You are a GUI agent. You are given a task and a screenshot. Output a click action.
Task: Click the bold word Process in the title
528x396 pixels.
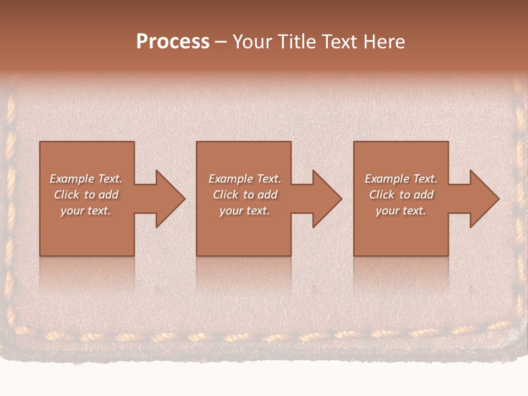pos(173,42)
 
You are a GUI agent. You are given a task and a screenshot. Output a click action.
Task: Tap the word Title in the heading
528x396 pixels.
pos(295,42)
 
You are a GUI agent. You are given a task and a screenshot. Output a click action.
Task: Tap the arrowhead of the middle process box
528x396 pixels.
pos(326,199)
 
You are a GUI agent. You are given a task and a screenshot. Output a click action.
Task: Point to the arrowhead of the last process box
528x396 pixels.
pos(483,199)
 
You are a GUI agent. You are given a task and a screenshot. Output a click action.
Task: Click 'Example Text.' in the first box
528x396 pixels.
pos(86,179)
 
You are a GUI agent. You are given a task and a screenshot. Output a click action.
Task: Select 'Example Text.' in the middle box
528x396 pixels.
pos(245,179)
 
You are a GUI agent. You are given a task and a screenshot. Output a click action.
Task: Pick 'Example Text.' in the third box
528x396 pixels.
pos(401,179)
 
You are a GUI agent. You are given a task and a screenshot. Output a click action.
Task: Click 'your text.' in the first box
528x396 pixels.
pos(86,211)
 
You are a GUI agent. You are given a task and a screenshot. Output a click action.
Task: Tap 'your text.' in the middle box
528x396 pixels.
pos(245,211)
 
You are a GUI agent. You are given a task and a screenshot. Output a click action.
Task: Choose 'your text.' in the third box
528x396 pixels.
pos(401,211)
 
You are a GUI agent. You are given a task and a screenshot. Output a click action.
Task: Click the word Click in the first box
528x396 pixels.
pos(67,195)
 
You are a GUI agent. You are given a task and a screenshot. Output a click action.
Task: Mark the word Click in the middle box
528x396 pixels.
pos(226,195)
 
